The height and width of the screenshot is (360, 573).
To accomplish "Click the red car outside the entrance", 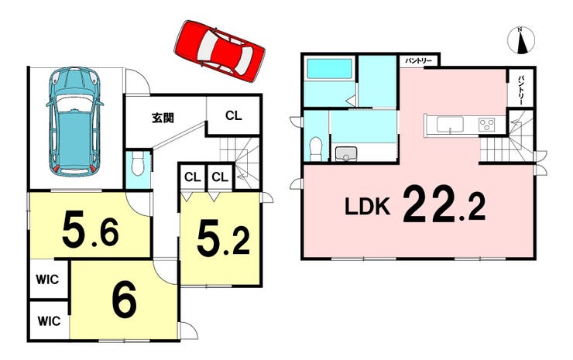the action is (x=220, y=51).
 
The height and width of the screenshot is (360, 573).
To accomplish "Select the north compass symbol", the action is (x=521, y=39).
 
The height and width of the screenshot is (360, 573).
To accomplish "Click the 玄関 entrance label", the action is (x=163, y=118).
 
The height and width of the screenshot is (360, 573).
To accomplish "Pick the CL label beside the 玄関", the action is (x=234, y=116).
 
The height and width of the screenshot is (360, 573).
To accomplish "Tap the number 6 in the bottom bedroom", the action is (x=125, y=300).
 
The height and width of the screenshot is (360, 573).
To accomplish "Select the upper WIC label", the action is (x=47, y=279).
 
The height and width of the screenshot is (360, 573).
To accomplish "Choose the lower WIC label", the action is (x=49, y=321).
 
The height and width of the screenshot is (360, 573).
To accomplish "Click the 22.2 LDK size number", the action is (x=444, y=204).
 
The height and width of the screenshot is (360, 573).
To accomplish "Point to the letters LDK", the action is (x=367, y=207).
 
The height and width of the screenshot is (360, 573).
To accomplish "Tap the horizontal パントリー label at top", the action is (x=418, y=60).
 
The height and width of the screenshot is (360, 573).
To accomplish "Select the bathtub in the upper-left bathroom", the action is (x=330, y=69).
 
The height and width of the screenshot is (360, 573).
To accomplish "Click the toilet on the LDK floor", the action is (x=315, y=149).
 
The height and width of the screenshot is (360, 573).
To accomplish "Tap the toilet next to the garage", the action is (x=138, y=163).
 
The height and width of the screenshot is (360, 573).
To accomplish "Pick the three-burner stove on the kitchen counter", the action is (x=486, y=124).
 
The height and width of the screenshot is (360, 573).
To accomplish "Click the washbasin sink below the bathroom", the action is (x=345, y=154).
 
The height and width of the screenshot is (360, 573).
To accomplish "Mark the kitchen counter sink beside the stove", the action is (x=450, y=125).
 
